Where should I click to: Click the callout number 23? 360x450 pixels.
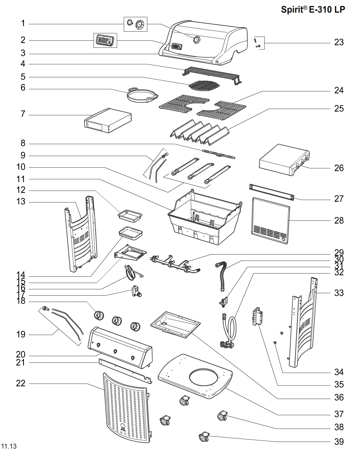pyautogui.click(x=339, y=43)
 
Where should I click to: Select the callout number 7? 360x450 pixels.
pyautogui.click(x=23, y=114)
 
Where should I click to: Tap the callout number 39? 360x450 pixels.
pyautogui.click(x=339, y=442)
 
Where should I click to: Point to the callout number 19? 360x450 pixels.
pyautogui.click(x=21, y=334)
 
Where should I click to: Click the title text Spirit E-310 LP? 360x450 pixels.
pyautogui.click(x=313, y=9)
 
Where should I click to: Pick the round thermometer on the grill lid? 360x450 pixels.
pyautogui.click(x=197, y=40)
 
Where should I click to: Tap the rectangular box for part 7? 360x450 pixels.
pyautogui.click(x=108, y=121)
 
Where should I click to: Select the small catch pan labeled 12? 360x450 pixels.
pyautogui.click(x=130, y=215)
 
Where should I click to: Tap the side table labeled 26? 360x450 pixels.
pyautogui.click(x=284, y=160)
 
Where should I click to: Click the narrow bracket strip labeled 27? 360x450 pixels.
pyautogui.click(x=271, y=192)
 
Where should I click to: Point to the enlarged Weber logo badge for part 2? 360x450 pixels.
pyautogui.click(x=105, y=40)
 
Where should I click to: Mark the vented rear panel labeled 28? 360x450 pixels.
pyautogui.click(x=271, y=220)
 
